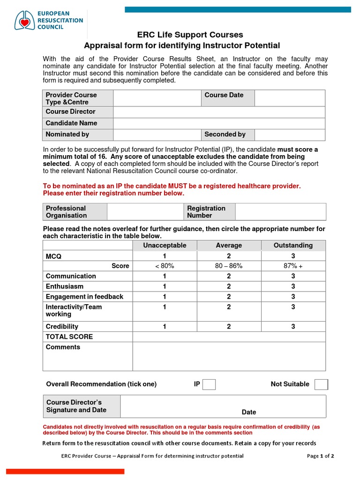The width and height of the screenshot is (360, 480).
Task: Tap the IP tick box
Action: [x=209, y=384]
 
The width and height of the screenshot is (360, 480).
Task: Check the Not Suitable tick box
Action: [x=321, y=384]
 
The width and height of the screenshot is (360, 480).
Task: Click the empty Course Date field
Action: [x=290, y=98]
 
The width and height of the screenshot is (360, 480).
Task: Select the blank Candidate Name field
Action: [x=219, y=123]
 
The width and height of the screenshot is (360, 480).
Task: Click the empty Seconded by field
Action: [x=290, y=135]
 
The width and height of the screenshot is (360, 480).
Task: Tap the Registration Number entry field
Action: [x=280, y=212]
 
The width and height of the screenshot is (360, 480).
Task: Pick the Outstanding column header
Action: [x=293, y=245]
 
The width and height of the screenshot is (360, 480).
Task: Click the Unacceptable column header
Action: [x=165, y=245]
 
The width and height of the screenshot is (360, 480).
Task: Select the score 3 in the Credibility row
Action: [x=293, y=327]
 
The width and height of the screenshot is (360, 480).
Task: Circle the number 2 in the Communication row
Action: [x=229, y=276]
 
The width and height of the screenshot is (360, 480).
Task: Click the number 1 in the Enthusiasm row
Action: [x=165, y=286]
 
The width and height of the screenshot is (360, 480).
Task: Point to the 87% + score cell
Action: [x=293, y=266]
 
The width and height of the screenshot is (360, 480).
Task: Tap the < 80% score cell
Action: [x=165, y=266]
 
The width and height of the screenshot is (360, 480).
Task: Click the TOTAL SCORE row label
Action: [x=69, y=337]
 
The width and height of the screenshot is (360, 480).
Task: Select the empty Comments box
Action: [x=229, y=356]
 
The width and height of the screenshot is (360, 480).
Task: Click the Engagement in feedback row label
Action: [x=84, y=297]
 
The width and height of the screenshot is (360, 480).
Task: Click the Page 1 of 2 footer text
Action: [x=321, y=456]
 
